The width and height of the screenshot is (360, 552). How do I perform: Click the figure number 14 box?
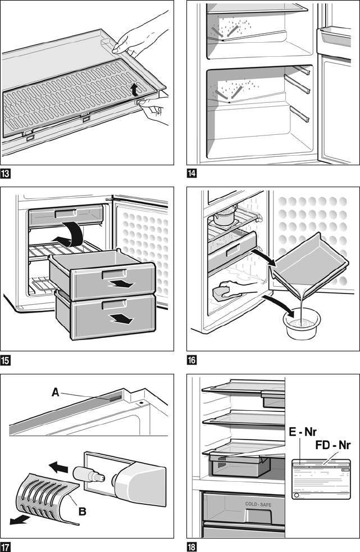coord(192,173)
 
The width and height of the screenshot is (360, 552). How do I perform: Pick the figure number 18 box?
coord(192,546)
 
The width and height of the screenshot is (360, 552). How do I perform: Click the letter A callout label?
coord(55,393)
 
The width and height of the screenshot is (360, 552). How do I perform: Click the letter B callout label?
coord(82,511)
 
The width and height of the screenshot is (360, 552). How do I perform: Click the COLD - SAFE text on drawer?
coord(258,504)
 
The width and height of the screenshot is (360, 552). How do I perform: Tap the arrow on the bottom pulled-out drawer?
coord(122,319)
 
